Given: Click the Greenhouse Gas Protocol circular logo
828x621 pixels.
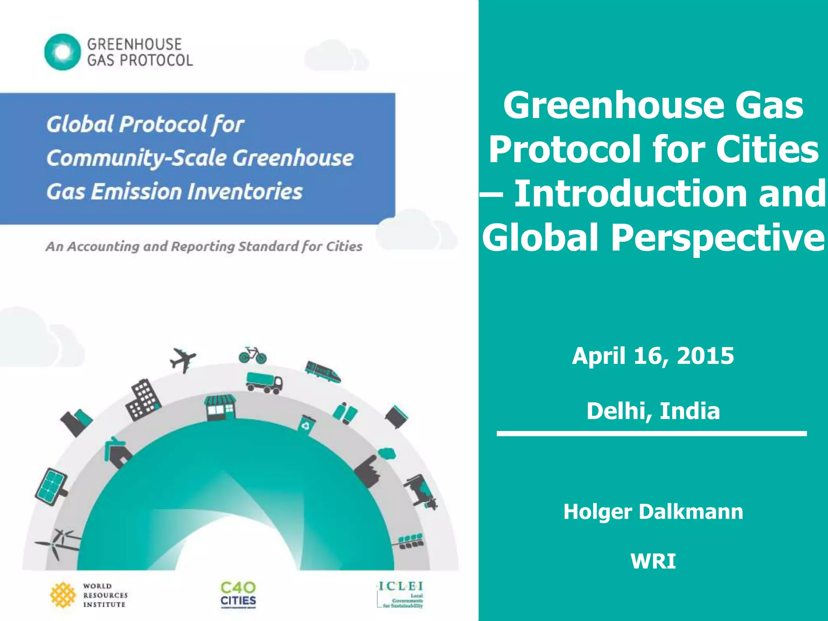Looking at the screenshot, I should [62, 52].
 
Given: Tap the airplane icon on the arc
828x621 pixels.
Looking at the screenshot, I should [183, 359].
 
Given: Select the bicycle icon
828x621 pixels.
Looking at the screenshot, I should [253, 355].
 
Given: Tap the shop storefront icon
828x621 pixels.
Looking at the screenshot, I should [220, 407].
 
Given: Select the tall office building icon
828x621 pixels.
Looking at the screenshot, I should [143, 399].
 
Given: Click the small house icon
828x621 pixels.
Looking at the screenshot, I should [117, 453].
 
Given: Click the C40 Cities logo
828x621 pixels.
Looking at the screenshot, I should [238, 594].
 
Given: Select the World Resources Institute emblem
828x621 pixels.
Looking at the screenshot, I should [63, 595].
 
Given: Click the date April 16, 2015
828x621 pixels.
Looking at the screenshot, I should [653, 356].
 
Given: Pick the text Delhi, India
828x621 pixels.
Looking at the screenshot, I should [653, 411].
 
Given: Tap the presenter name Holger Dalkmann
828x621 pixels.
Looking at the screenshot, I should [653, 512].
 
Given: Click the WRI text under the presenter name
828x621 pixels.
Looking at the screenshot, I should [653, 561].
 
